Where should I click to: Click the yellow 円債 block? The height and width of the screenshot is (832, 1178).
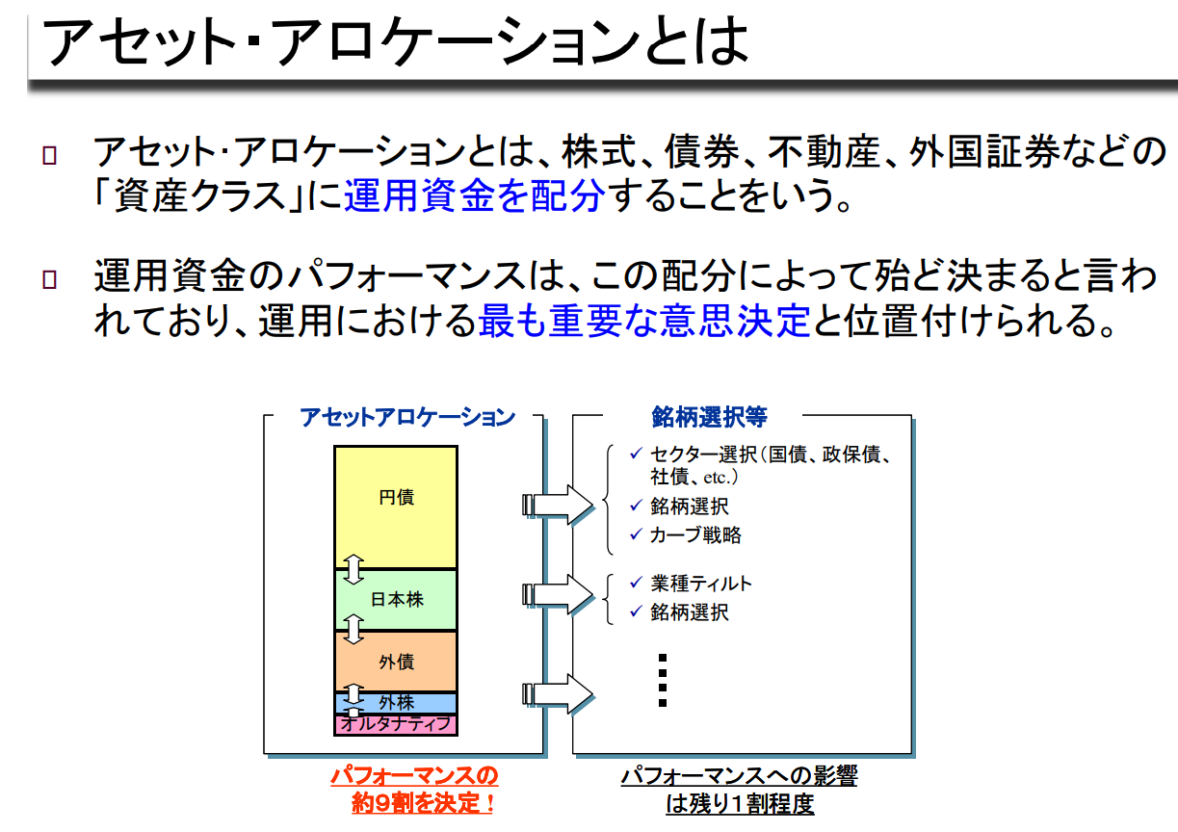coord(396,507)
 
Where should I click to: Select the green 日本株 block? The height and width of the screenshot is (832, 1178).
coord(396,600)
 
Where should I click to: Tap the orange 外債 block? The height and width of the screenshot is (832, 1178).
coord(396,662)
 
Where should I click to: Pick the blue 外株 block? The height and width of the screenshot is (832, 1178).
coord(396,703)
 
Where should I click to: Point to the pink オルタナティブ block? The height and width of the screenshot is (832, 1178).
coord(396,724)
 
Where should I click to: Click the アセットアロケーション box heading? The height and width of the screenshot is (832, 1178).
coord(406,417)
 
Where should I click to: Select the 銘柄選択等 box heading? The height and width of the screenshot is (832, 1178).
coord(709,417)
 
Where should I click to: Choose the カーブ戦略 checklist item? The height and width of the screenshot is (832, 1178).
coord(695,535)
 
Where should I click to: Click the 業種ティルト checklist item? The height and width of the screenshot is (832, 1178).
coord(700,584)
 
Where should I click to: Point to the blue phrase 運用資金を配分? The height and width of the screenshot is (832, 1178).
coord(474,196)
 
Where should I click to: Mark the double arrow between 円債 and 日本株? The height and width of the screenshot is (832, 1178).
coord(353,569)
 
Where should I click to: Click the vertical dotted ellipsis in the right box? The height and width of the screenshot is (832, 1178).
coord(663,680)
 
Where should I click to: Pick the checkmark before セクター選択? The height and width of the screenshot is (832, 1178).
coord(635,453)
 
